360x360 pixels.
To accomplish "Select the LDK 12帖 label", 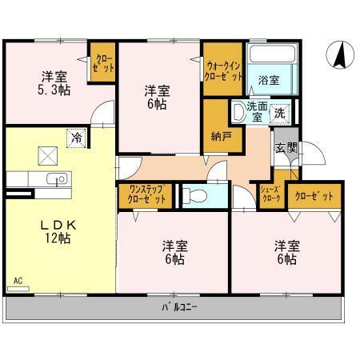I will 55,232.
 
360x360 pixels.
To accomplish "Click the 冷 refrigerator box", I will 75,138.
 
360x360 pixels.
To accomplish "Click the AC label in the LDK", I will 18,282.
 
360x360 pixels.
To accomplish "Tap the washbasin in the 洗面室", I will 239,112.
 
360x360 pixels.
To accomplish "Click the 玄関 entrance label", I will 286,147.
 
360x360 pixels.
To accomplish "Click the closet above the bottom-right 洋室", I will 314,195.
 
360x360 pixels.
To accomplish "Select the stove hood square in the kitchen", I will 46,154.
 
